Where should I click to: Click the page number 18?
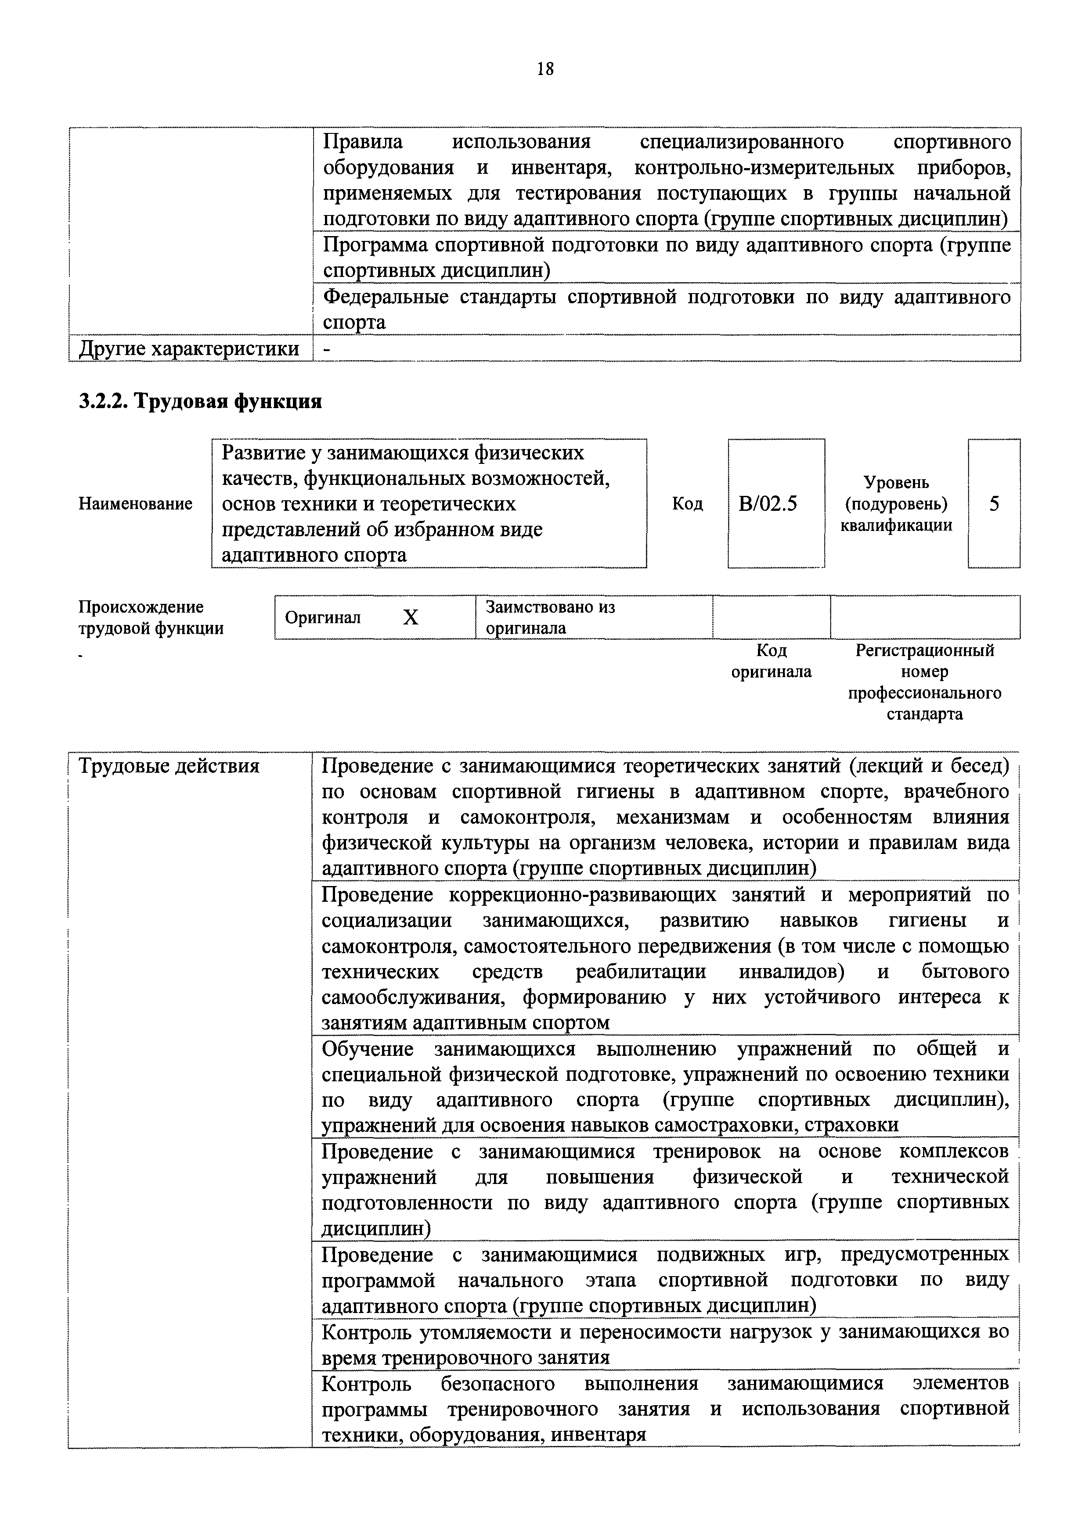pos(545,68)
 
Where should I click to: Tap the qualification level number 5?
pos(994,503)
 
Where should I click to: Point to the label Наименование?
pos(135,503)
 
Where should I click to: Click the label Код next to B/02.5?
pos(687,503)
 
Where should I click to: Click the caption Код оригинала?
pos(771,661)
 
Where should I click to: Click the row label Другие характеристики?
pos(189,348)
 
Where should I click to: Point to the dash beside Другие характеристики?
pos(327,348)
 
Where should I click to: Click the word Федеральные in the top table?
pos(386,297)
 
